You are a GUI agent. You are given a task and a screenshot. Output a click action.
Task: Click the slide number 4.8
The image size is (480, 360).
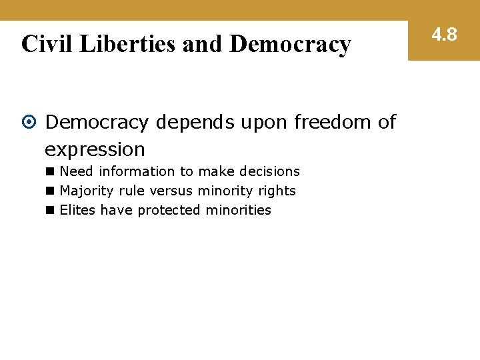tap(444, 34)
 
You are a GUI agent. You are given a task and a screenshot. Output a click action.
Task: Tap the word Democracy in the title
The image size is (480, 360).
tap(290, 44)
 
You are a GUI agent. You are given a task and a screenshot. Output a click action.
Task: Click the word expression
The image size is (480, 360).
tap(95, 149)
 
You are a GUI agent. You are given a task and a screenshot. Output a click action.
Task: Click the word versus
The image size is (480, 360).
tap(172, 191)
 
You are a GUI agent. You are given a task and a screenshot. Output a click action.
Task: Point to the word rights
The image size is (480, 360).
tap(277, 191)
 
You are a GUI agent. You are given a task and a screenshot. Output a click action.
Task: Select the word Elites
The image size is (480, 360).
tap(77, 211)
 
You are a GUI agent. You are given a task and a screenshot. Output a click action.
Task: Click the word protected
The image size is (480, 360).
tap(169, 211)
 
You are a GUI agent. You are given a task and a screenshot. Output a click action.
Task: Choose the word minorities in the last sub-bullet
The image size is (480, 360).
tap(238, 211)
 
